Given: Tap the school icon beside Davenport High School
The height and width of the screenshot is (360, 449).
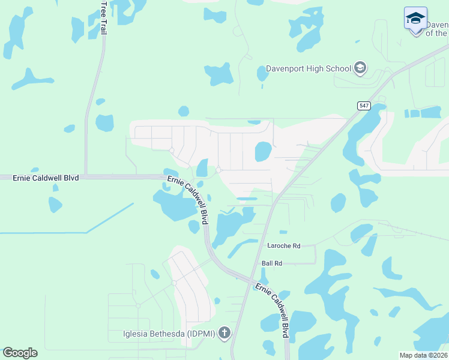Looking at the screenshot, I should pyautogui.click(x=360, y=68).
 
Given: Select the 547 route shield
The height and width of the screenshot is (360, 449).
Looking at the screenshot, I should pyautogui.click(x=364, y=106).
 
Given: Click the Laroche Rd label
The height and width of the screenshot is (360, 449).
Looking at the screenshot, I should pyautogui.click(x=284, y=245).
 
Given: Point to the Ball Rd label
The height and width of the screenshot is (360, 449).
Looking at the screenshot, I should pyautogui.click(x=272, y=263).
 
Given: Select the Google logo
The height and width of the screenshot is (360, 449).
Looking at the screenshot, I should pyautogui.click(x=20, y=353).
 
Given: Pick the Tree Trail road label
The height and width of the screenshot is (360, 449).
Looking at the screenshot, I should pyautogui.click(x=104, y=17).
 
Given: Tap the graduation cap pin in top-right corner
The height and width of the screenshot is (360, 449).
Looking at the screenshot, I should pyautogui.click(x=415, y=19).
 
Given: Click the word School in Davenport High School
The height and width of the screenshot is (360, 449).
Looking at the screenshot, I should pyautogui.click(x=339, y=68).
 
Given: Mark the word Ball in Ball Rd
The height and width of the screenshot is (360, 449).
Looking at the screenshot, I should pyautogui.click(x=268, y=263).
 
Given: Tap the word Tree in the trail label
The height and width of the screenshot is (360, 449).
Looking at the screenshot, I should pyautogui.click(x=104, y=10).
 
